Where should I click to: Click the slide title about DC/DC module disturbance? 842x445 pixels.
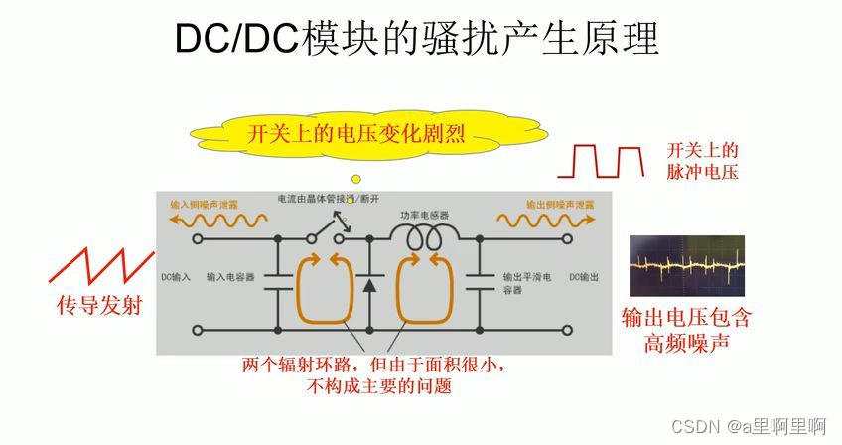coord(417,40)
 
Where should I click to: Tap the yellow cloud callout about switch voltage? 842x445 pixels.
coord(356,134)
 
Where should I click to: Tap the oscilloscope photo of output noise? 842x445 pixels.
coord(686,265)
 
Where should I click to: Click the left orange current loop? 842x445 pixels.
coord(325,288)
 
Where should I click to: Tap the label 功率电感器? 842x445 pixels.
coord(424,214)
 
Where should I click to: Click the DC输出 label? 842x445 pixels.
coord(584,277)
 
